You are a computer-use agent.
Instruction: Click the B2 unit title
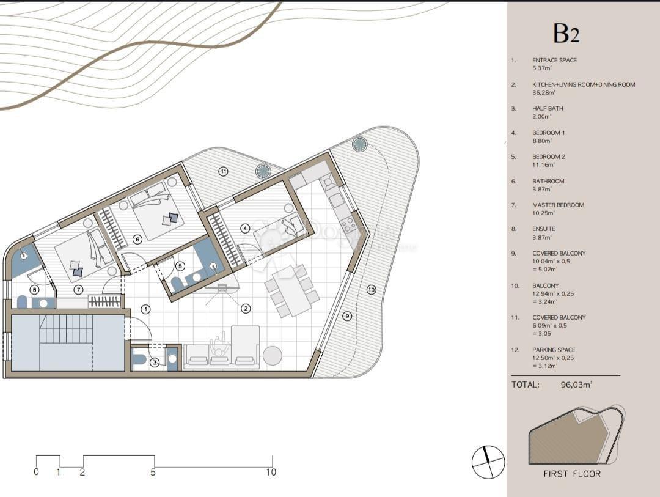566,34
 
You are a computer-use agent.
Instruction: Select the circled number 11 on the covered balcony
224,171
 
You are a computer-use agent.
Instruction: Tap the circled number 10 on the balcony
372,289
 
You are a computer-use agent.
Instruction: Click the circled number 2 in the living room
246,308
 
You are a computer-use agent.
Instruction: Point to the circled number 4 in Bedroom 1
246,228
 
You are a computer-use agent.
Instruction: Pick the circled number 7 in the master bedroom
78,289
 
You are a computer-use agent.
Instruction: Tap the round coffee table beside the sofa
272,355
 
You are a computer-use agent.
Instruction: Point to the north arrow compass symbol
488,462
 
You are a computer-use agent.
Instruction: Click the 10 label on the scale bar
271,472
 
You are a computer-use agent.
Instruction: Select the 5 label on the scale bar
153,472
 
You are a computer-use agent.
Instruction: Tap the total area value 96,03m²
577,385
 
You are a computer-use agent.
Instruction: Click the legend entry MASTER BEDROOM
557,205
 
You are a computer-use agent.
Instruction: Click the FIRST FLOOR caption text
572,474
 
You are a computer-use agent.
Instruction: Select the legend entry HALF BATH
548,108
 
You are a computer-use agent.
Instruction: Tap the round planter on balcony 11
264,171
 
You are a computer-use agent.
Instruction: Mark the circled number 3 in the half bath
155,362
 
